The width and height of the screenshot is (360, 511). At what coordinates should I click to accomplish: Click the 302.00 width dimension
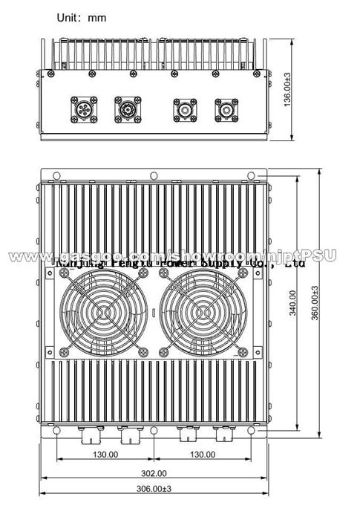[153, 473]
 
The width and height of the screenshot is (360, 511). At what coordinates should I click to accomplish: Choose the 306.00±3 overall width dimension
[153, 489]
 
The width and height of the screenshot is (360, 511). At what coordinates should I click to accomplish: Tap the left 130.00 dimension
[105, 454]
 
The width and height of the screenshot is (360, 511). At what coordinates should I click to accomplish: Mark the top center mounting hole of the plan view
[153, 175]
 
